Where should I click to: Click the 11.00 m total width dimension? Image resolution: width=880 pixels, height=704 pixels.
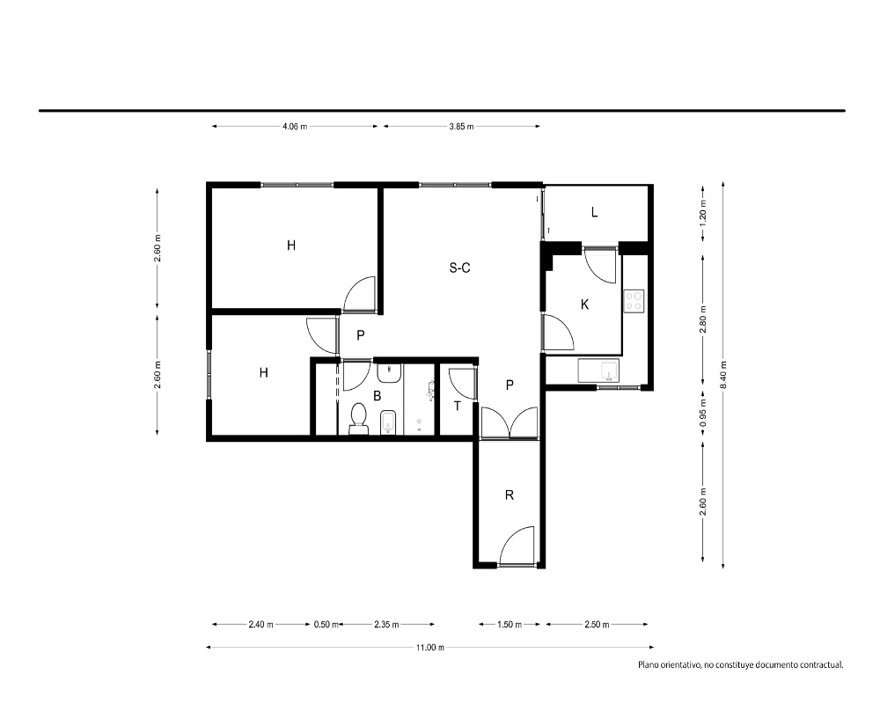tap(430, 648)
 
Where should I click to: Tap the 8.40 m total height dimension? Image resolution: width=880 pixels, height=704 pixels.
tap(723, 374)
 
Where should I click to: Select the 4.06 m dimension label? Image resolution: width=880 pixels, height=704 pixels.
tap(295, 127)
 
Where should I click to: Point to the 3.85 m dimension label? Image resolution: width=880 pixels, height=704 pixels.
tap(461, 127)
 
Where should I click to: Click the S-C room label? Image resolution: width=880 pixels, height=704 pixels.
tap(459, 268)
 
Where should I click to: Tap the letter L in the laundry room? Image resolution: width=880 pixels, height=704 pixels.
tap(594, 212)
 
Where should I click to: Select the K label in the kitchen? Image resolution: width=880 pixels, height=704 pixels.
tap(585, 304)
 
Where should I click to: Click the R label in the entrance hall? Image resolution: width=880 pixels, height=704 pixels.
tap(510, 495)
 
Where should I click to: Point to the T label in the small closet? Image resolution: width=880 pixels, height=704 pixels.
tap(458, 406)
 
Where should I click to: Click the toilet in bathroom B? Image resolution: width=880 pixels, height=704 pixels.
tap(359, 419)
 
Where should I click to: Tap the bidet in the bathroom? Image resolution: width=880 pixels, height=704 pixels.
tap(389, 422)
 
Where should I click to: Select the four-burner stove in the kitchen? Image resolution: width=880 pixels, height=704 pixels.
tap(634, 300)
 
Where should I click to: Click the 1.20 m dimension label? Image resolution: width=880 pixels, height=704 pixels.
tap(703, 212)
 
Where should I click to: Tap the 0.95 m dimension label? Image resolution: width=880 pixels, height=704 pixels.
tap(703, 413)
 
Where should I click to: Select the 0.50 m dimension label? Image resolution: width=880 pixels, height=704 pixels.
tap(326, 624)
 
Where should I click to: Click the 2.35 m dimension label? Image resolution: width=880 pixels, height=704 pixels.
tap(386, 624)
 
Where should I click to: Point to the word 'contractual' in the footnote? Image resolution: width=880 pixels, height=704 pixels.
tap(821, 664)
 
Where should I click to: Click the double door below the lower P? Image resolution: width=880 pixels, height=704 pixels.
tap(510, 422)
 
